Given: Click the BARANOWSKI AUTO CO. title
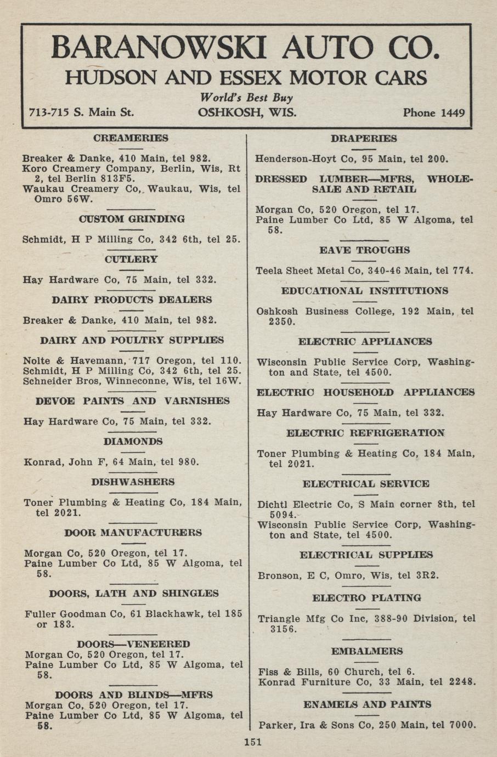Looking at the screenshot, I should pos(245,48).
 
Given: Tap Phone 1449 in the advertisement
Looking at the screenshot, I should pos(433,113).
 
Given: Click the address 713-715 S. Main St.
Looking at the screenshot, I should pos(81,113).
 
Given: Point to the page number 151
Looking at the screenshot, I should pos(252,742).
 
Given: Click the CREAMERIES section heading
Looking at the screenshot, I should pos(131,138).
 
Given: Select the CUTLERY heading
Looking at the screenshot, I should pos(131,259).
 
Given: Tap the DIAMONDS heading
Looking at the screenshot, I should pos(133,442).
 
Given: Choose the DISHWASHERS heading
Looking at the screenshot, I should pos(133,482).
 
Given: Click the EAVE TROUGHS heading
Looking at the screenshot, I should pos(364,250).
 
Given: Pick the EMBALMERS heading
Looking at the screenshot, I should pos(367,651).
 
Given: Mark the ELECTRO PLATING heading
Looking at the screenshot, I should pos(366,598).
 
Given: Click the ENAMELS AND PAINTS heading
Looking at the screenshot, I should pos(367,704).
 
